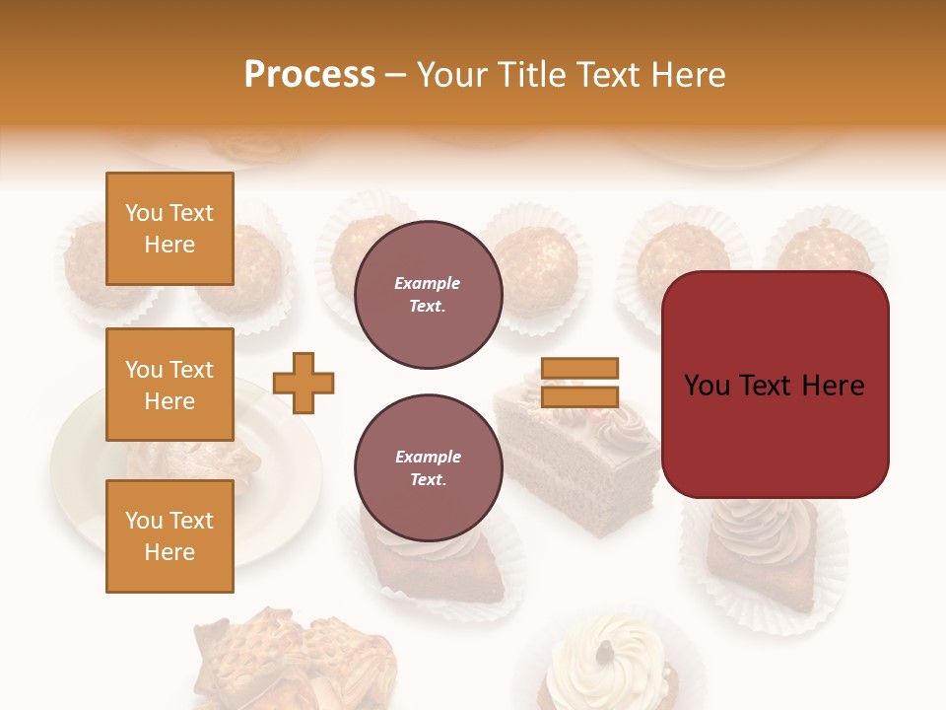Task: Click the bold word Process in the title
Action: (x=309, y=75)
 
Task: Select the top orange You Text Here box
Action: (x=169, y=229)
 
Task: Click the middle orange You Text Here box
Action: (x=169, y=385)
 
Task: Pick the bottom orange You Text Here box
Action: (x=169, y=536)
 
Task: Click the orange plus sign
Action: (x=304, y=383)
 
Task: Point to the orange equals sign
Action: (x=579, y=383)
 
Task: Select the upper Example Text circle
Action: (x=428, y=295)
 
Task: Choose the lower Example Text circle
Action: (x=428, y=468)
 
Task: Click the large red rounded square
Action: (x=775, y=385)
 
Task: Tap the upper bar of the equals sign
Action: (x=579, y=369)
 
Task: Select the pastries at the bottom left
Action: (x=296, y=656)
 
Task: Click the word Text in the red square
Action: (x=774, y=385)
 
